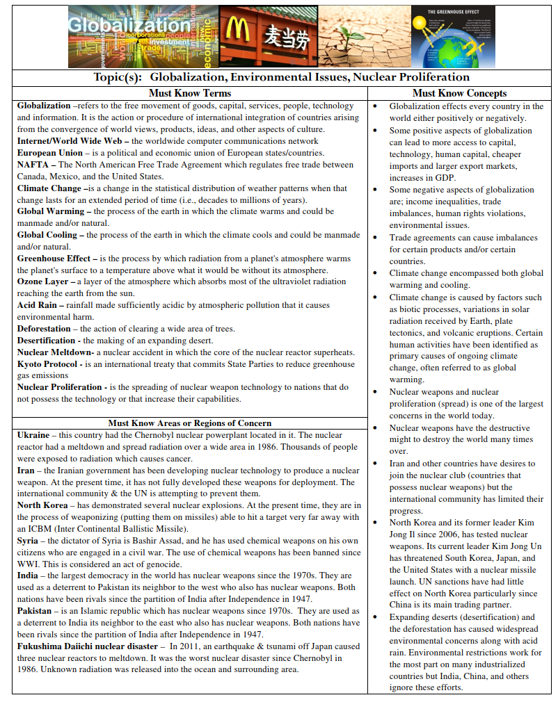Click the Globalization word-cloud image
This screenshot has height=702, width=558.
142,36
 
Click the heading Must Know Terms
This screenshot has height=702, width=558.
189,93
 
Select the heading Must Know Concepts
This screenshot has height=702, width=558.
459,93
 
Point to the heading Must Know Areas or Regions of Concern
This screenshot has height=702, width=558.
189,423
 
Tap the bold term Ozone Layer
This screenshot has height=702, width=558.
43,281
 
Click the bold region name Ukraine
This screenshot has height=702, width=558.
33,435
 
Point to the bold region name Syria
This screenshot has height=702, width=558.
28,540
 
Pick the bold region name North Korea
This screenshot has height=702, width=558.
42,505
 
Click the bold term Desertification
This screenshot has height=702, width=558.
46,341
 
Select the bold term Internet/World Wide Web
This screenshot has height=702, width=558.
71,141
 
